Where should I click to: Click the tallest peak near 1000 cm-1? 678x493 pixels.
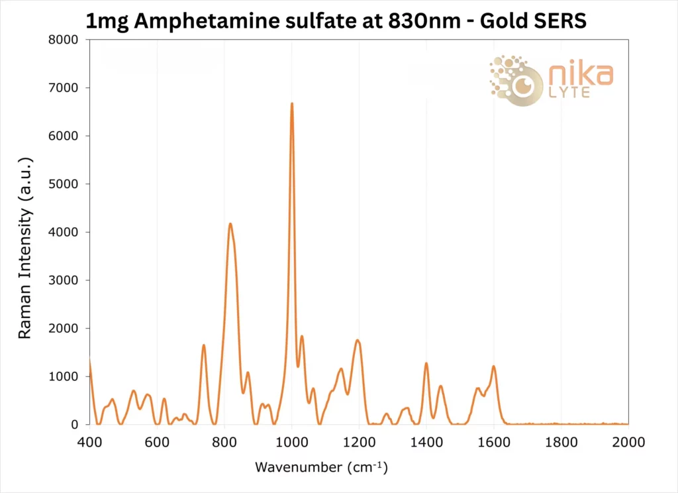(291, 104)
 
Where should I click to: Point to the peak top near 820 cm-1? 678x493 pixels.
(230, 224)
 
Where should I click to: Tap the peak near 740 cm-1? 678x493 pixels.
(204, 345)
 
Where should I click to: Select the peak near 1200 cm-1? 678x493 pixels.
(358, 341)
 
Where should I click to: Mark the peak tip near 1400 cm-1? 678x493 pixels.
(426, 363)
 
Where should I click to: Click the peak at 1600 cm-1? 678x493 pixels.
(493, 366)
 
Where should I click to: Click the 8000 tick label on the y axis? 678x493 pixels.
(65, 40)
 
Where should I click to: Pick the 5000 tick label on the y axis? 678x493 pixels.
(65, 184)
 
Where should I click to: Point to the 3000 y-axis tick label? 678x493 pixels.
(65, 280)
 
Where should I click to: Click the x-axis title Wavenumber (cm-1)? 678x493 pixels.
(321, 468)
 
